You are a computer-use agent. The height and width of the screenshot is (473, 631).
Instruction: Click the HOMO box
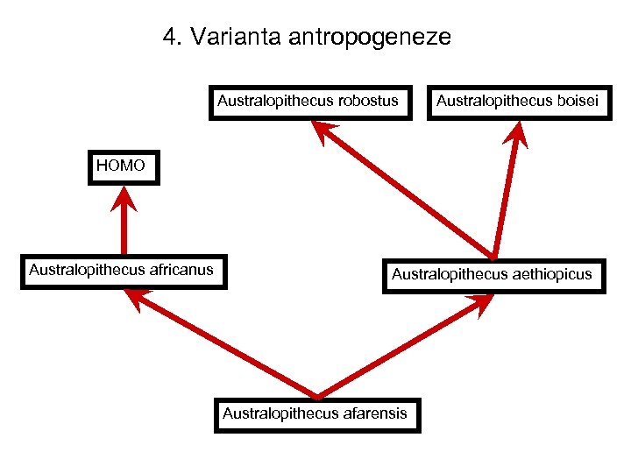(x=124, y=166)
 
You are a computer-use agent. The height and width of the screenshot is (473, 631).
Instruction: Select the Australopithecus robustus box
(x=311, y=102)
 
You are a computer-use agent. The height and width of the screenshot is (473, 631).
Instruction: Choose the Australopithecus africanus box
(x=121, y=271)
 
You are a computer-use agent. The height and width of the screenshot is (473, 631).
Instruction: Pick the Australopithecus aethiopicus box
(x=493, y=275)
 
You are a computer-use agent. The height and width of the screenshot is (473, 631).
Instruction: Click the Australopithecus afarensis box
(x=316, y=413)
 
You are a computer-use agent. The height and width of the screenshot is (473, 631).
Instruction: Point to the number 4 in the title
(x=168, y=38)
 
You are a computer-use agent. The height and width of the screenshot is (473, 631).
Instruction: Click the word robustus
(x=367, y=102)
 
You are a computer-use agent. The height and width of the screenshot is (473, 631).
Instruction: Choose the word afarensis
(x=373, y=413)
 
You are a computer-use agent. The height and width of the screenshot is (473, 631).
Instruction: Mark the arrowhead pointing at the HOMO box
(x=124, y=199)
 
